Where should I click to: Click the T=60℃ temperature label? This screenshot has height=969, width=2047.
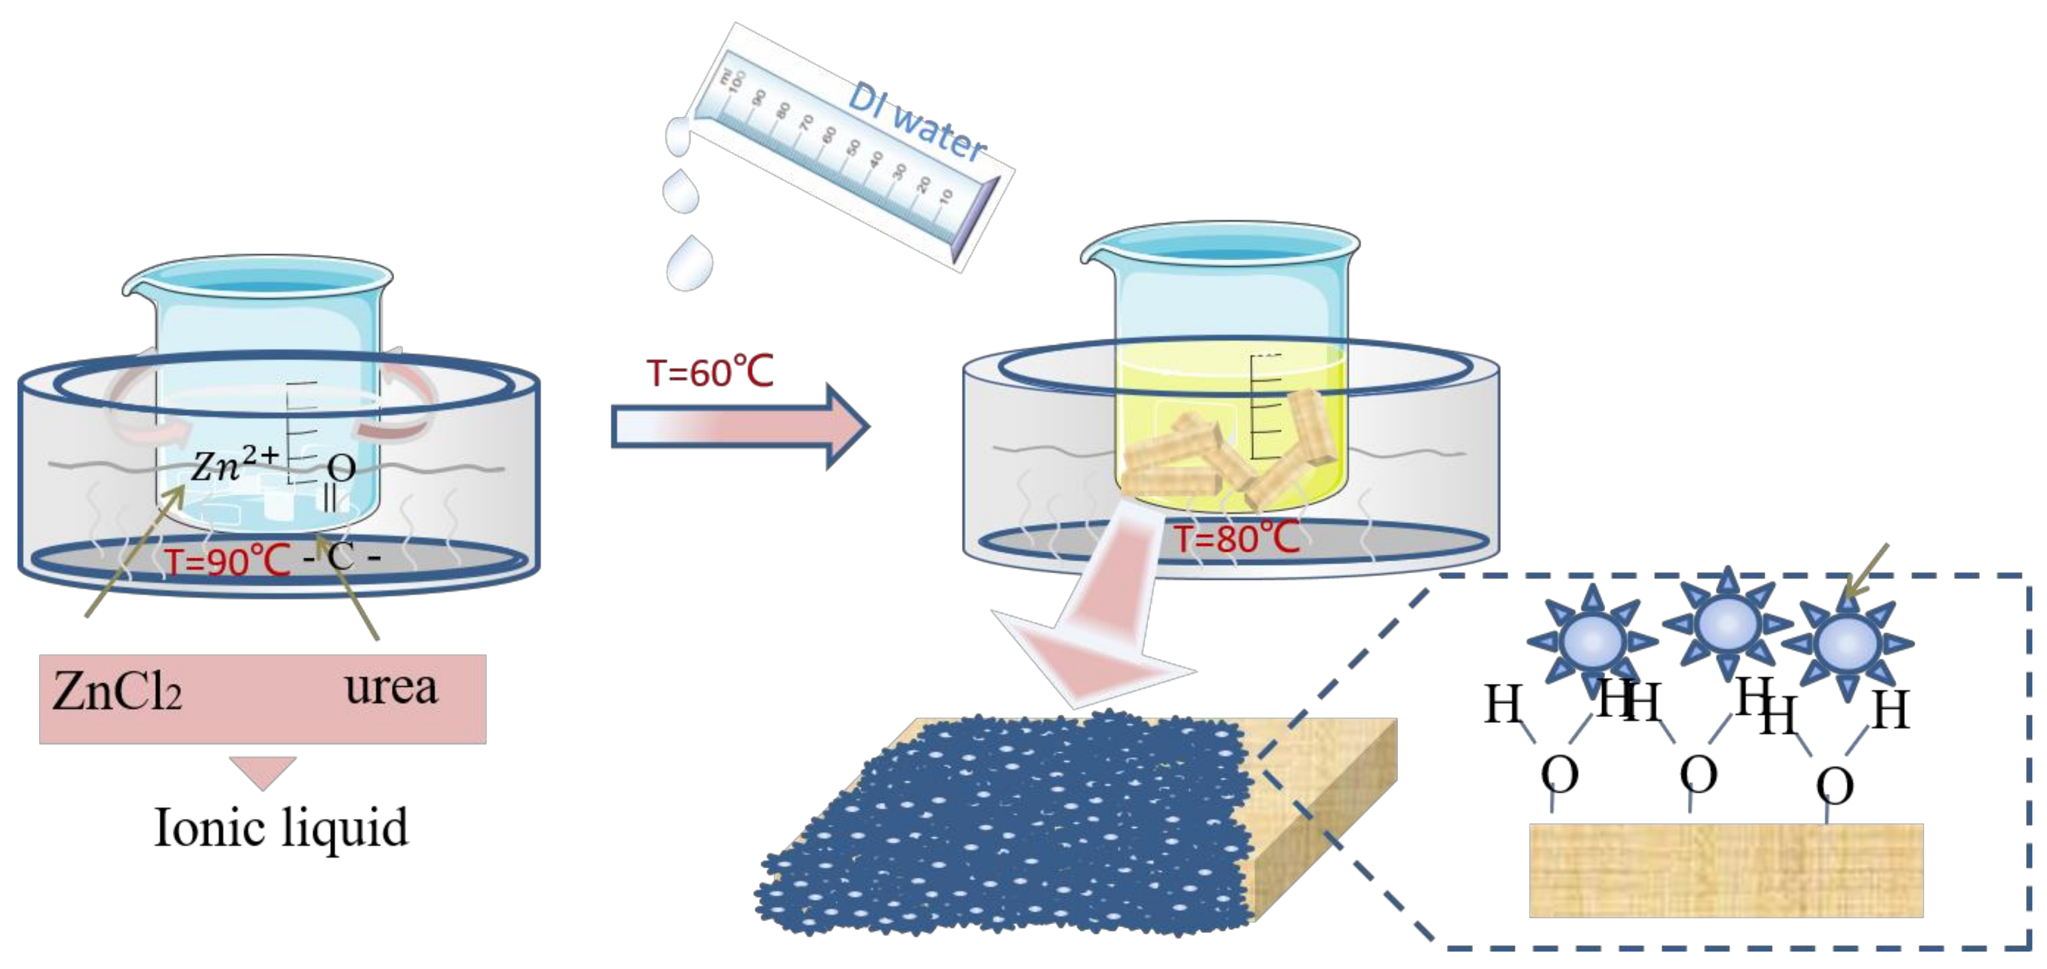click(x=710, y=372)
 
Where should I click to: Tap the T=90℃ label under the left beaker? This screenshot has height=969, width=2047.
click(x=228, y=562)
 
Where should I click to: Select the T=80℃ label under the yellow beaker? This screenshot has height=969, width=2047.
click(x=1237, y=538)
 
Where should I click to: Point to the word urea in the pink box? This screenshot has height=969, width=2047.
click(x=391, y=688)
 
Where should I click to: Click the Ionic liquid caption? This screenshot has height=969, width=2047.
click(x=281, y=828)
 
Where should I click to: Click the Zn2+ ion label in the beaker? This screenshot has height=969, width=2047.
click(x=235, y=464)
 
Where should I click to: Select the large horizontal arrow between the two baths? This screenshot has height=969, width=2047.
click(x=739, y=427)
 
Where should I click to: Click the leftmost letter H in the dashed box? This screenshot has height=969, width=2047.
click(x=1503, y=705)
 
